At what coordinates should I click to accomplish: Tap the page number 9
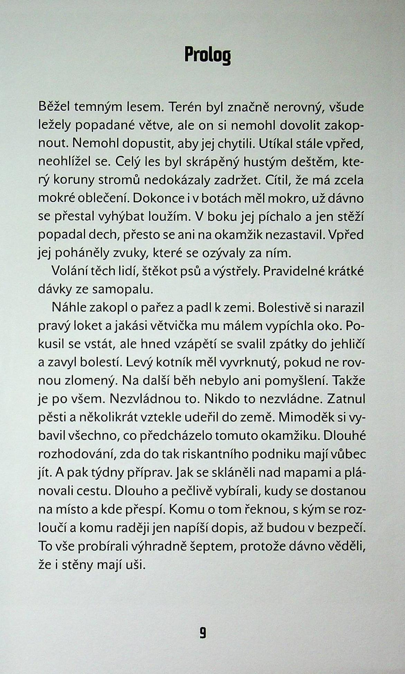[202, 633]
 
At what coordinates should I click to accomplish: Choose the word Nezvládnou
[150, 399]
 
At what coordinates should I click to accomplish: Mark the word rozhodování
[76, 454]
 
